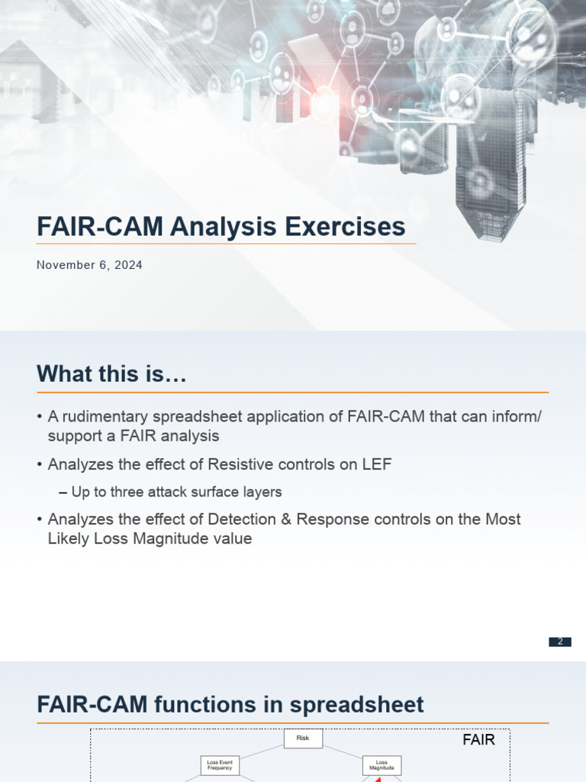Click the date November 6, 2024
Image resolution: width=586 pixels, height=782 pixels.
pos(89,265)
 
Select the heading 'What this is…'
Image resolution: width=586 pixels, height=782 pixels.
pos(111,374)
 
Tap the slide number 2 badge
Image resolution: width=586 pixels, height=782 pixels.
pos(560,641)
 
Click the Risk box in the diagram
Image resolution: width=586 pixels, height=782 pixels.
pos(303,738)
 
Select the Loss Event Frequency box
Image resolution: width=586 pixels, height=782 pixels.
pos(220,764)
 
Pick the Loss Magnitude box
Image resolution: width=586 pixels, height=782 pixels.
pos(382,764)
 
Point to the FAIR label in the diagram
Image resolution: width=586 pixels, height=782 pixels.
pos(478,739)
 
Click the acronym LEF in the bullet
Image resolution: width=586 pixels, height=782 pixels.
pos(377,464)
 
